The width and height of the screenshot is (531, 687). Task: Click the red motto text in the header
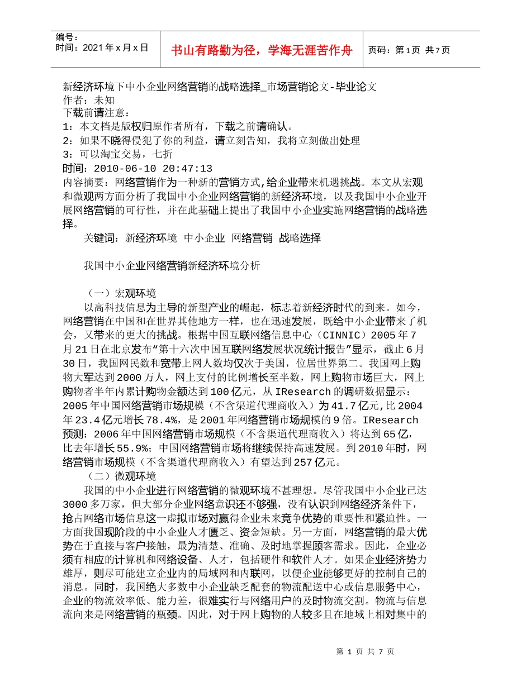coord(262,50)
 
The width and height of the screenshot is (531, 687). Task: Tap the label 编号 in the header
coord(67,37)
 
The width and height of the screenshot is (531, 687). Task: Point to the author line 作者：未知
coord(88,100)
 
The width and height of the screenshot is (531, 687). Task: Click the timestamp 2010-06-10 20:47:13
coord(153,169)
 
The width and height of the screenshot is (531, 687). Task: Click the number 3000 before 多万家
coord(76,504)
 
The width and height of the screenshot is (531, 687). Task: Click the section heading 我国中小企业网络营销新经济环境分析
coord(172,266)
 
